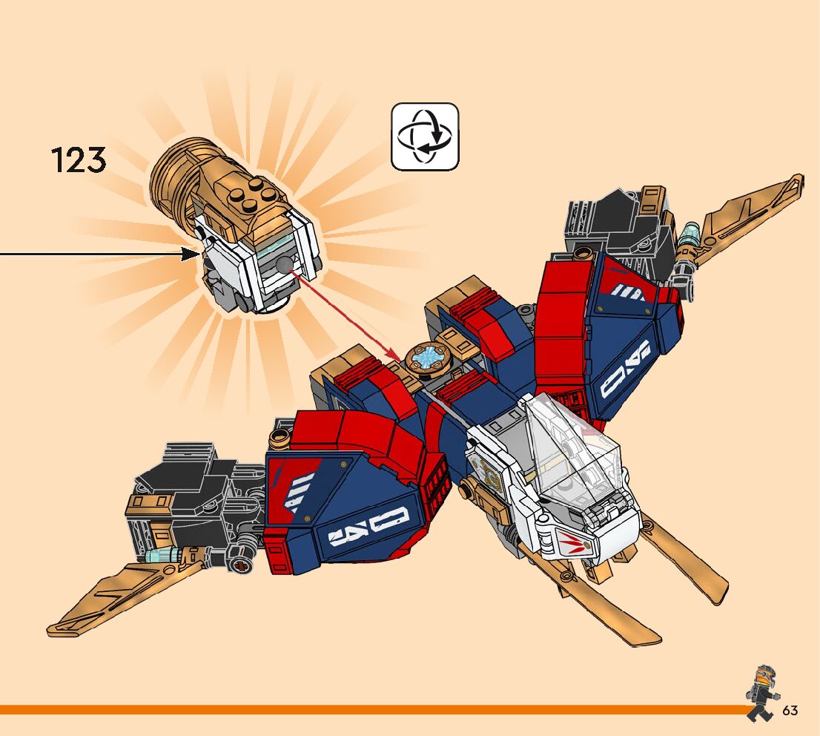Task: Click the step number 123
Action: coord(79,161)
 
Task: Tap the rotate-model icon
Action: coord(425,137)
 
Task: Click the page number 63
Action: coord(790,711)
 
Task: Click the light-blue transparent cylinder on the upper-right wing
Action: coord(690,235)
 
